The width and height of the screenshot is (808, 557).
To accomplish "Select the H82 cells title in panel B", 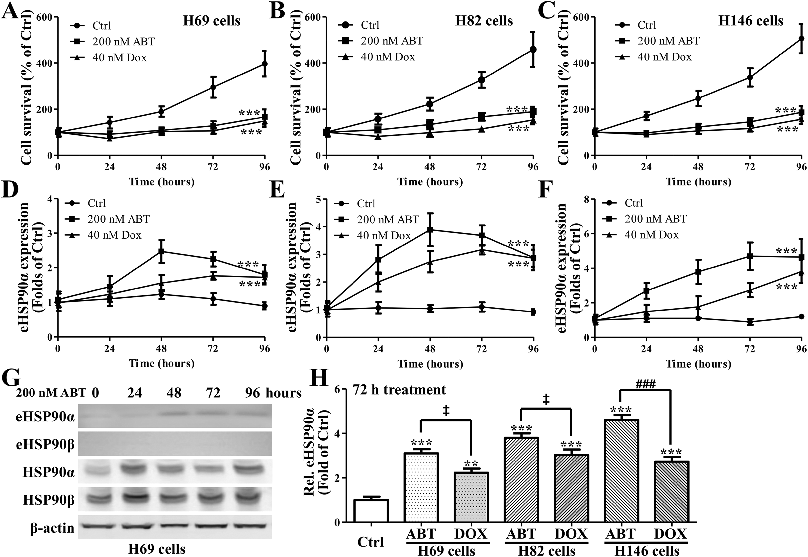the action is point(484,21).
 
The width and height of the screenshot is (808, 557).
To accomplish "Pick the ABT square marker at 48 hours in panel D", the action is point(161,251).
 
